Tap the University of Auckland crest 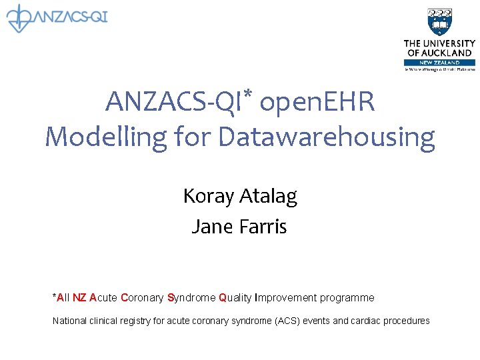439,23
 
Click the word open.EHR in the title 317,103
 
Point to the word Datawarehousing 326,137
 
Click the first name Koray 207,196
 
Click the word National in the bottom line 69,321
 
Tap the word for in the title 193,137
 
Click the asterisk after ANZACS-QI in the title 247,96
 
